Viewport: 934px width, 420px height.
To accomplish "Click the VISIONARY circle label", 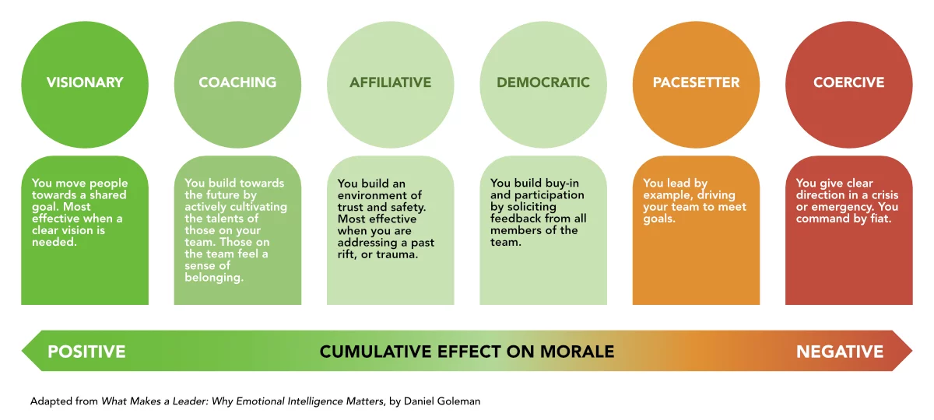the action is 85,82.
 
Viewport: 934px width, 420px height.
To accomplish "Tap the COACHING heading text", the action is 237,82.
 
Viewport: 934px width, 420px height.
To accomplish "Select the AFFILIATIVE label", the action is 390,82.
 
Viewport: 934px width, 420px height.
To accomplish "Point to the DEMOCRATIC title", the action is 543,82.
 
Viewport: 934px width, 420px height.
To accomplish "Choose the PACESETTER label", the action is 696,82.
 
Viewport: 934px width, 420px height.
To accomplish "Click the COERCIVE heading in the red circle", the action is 848,82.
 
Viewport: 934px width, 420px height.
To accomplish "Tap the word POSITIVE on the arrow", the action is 86,352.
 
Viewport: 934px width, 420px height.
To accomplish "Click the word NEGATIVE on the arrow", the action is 840,352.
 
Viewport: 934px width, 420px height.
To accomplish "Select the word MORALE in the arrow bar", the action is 577,352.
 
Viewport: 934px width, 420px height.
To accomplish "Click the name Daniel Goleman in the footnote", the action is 442,401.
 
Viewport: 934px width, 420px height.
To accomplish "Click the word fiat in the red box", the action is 880,219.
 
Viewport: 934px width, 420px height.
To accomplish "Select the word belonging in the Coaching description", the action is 214,278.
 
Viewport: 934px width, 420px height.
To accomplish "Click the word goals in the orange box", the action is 658,219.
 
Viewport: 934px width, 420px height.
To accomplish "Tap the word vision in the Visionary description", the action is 78,230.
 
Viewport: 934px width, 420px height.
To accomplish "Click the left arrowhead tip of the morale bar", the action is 22,351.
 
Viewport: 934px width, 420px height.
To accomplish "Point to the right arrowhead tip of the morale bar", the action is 912,351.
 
